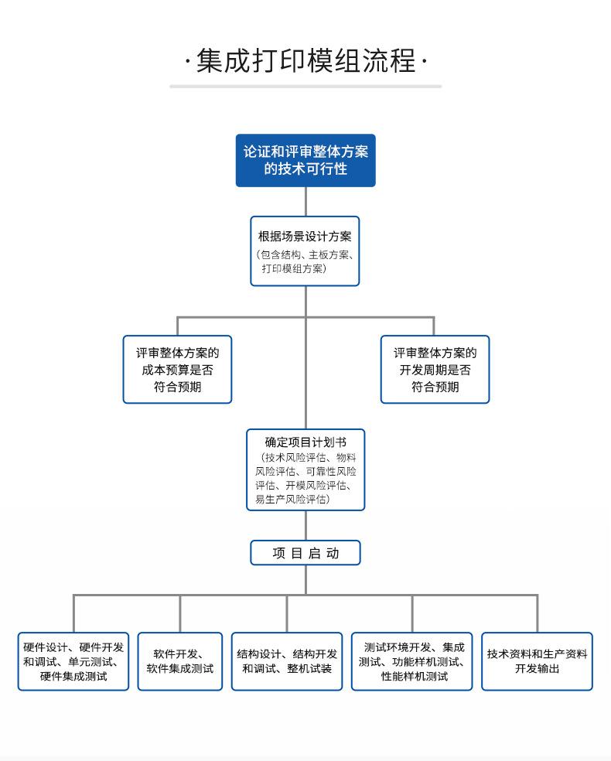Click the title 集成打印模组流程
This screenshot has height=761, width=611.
305,60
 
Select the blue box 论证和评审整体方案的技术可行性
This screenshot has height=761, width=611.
305,160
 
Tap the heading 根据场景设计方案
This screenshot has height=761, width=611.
305,237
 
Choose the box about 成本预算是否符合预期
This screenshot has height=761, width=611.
177,370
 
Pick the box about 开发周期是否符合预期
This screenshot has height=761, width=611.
435,370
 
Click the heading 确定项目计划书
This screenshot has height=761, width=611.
305,442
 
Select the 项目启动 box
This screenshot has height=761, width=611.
305,553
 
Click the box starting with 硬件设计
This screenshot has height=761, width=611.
73,661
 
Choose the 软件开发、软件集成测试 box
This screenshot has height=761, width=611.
180,661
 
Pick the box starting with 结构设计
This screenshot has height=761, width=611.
287,661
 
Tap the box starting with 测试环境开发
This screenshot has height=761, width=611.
412,661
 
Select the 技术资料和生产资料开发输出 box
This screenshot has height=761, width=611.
538,661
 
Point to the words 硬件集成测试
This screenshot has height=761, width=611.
73,677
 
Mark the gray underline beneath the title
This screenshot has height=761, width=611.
305,86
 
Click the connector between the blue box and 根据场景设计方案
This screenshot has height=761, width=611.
305,201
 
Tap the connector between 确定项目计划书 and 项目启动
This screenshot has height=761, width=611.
305,525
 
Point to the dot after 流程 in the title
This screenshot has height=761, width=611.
424,62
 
